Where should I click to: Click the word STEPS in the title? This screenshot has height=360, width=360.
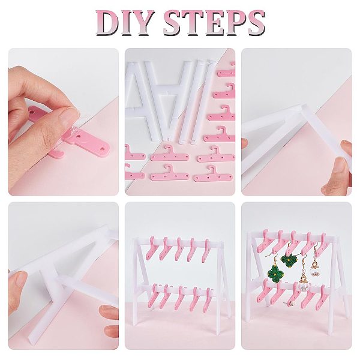[x=214, y=23]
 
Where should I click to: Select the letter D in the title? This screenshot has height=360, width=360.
[x=107, y=23]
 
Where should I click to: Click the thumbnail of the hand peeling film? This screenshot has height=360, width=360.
[x=64, y=122]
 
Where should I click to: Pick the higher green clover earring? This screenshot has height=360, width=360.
[x=289, y=261]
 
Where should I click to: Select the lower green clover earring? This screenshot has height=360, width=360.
[x=276, y=274]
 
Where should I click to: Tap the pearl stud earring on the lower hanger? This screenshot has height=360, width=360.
[x=291, y=303]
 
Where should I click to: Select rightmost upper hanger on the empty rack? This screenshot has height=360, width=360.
[x=205, y=251]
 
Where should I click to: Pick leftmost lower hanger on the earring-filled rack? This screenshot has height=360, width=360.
[x=263, y=290]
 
